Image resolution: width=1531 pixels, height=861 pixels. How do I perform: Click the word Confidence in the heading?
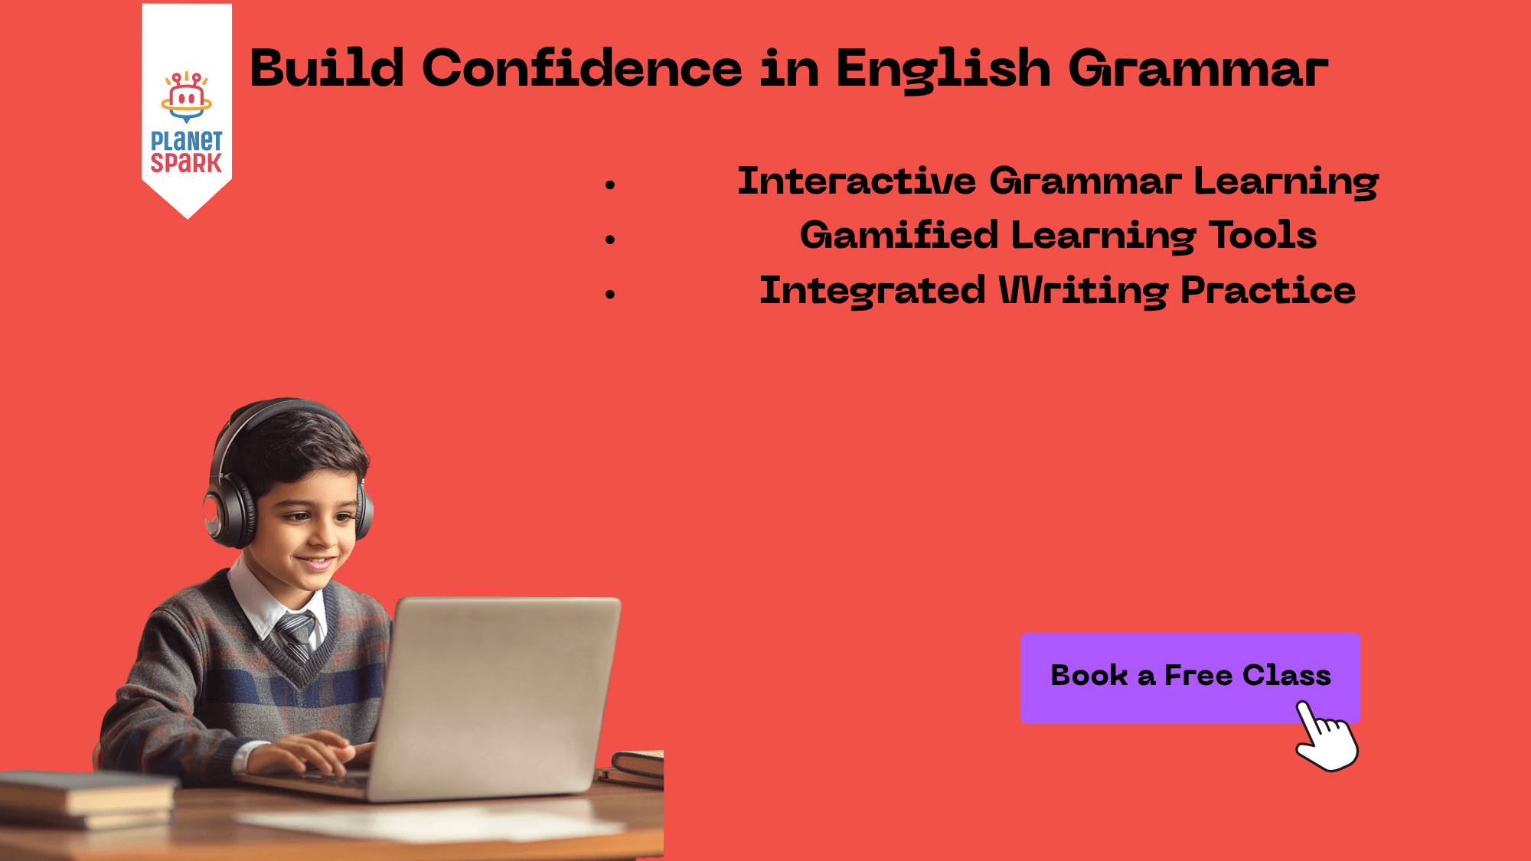pyautogui.click(x=582, y=69)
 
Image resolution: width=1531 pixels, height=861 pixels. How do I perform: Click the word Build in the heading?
pyautogui.click(x=327, y=69)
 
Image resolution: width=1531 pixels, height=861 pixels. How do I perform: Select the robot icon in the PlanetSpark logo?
pyautogui.click(x=186, y=96)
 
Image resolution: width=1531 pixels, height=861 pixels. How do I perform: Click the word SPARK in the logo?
pyautogui.click(x=186, y=163)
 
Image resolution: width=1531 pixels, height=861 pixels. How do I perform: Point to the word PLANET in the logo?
pyautogui.click(x=186, y=141)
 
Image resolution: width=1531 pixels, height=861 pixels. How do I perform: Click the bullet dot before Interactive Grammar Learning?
pyautogui.click(x=610, y=184)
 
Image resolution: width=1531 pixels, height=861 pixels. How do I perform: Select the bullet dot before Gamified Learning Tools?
pyautogui.click(x=610, y=240)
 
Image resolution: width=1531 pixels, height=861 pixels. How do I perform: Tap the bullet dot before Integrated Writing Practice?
pyautogui.click(x=610, y=294)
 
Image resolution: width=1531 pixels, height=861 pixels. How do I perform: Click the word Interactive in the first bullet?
pyautogui.click(x=857, y=181)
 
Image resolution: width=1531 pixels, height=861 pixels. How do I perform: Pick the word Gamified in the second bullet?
pyautogui.click(x=899, y=236)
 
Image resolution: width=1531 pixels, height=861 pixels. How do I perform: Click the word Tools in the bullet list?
pyautogui.click(x=1262, y=236)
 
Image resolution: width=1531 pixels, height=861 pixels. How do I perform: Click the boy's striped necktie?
pyautogui.click(x=296, y=634)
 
